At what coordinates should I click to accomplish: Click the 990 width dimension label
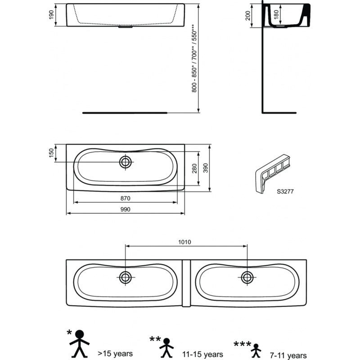[125, 209]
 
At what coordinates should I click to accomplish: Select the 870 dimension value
[125, 198]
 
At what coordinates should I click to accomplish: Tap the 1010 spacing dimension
[184, 242]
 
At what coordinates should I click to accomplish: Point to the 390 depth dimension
[206, 168]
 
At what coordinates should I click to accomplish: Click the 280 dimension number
[194, 168]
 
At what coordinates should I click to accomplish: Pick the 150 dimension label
[51, 153]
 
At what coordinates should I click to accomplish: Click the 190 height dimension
[51, 15]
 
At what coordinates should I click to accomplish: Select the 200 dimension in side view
[248, 16]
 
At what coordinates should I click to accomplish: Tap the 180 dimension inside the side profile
[276, 14]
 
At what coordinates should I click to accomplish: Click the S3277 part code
[285, 192]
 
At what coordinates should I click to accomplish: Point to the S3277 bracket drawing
[272, 174]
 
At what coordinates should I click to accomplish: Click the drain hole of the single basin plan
[126, 162]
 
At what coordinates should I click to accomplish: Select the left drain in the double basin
[126, 278]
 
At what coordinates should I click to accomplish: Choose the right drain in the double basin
[247, 278]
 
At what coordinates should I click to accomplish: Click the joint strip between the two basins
[186, 283]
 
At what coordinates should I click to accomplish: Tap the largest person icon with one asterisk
[80, 344]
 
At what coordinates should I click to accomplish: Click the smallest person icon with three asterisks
[256, 351]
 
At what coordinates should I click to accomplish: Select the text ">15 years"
[115, 353]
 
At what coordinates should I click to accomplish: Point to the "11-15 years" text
[203, 354]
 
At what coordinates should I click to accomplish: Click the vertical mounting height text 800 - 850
[194, 79]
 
